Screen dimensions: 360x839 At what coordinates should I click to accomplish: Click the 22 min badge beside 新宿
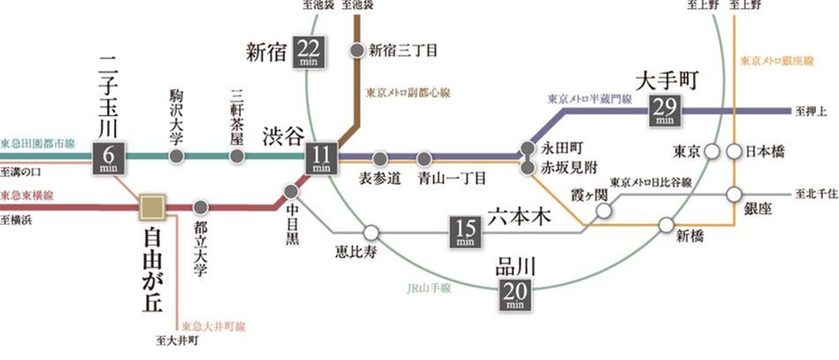(x=312, y=52)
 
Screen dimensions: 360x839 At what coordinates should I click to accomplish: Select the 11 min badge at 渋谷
(x=321, y=157)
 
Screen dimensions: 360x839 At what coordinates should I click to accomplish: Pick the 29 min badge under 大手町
(x=664, y=111)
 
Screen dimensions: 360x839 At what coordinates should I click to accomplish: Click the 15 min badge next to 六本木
(x=466, y=231)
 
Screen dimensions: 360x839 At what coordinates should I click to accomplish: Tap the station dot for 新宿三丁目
(x=357, y=50)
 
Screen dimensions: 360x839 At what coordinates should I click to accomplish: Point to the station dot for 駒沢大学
(x=177, y=157)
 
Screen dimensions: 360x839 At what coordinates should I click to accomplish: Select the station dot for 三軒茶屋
(x=235, y=157)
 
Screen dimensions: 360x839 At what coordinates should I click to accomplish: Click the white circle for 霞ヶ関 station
(x=604, y=211)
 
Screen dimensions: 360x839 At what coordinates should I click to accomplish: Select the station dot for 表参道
(x=380, y=158)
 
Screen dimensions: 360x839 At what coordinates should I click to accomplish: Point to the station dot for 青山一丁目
(x=424, y=158)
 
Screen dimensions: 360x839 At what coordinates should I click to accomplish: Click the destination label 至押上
(x=812, y=111)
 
